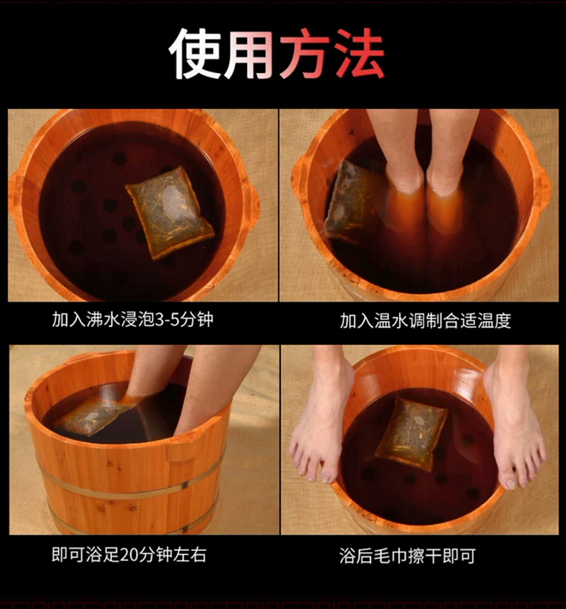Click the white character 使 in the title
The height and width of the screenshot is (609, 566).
pos(195,54)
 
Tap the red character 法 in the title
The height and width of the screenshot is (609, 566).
pos(359,54)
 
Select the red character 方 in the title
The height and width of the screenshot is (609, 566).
pos(304,54)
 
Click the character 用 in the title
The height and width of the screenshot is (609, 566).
pos(249,54)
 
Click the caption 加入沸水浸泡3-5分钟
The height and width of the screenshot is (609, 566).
pos(133,320)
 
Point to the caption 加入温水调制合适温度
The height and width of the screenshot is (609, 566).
pos(426,321)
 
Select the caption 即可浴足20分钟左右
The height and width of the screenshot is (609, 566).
pos(129,554)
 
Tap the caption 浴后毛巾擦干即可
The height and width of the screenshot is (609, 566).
pos(408,556)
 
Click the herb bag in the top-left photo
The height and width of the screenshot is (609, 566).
pos(170,212)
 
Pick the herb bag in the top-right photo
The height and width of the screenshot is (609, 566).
pos(350,202)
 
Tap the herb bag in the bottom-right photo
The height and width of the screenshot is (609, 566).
pos(411,433)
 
